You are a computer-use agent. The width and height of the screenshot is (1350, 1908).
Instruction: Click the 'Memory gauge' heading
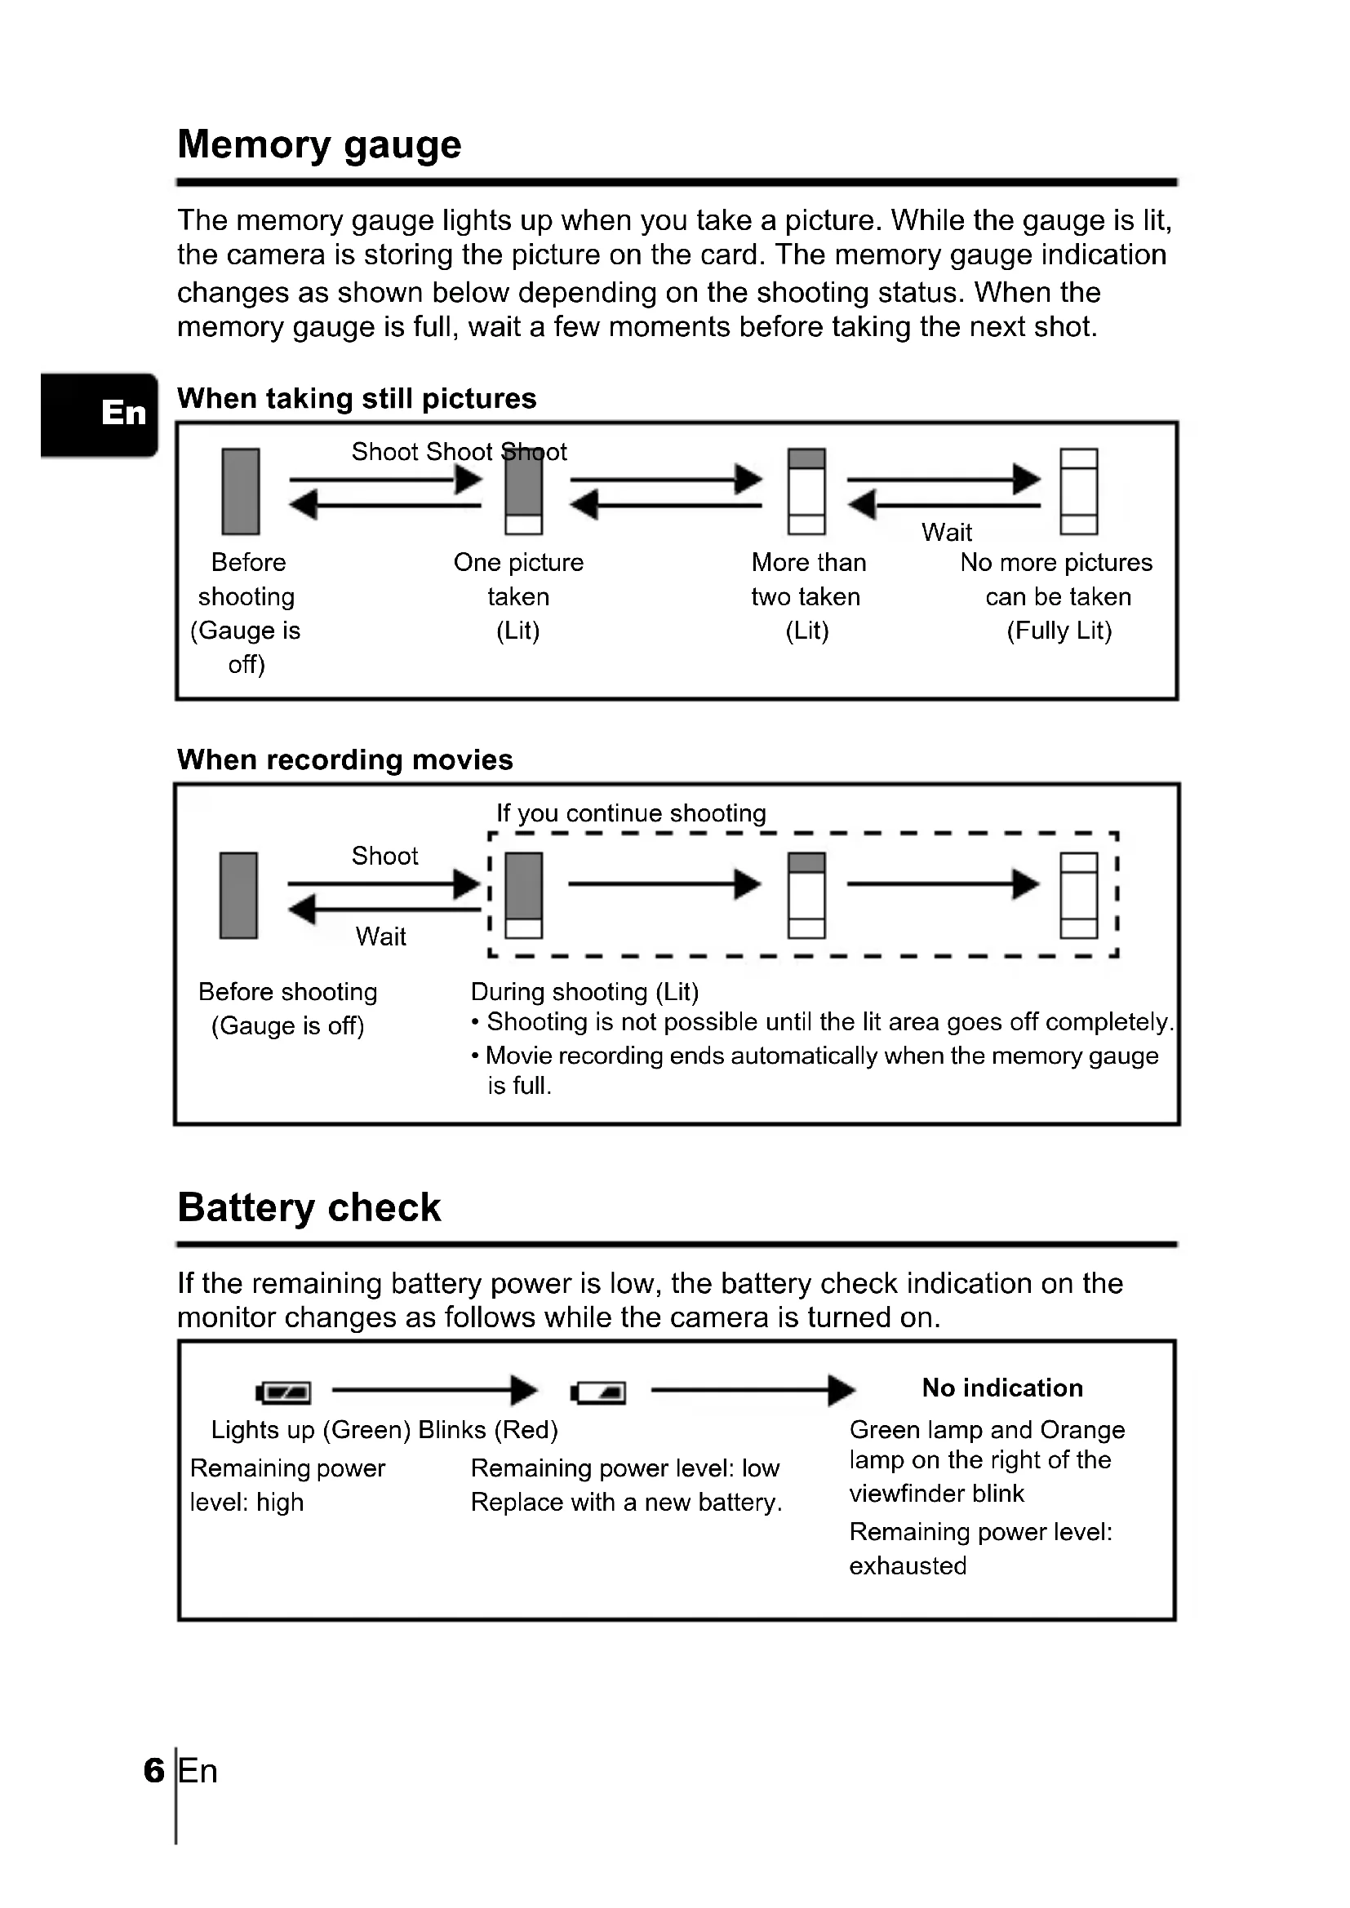(x=319, y=144)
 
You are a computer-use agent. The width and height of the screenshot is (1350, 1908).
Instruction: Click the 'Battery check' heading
(x=309, y=1207)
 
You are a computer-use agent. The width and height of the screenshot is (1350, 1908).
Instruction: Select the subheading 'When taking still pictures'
(x=357, y=399)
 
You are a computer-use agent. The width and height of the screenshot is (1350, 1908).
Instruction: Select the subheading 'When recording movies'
(x=345, y=759)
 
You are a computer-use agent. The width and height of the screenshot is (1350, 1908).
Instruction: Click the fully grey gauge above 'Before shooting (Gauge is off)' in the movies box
(x=238, y=895)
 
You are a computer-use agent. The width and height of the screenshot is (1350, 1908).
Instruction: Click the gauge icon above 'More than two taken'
(x=806, y=491)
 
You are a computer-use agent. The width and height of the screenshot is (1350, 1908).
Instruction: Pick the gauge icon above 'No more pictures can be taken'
(x=1078, y=491)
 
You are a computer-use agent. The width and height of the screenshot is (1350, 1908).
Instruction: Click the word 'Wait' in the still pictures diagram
(x=946, y=532)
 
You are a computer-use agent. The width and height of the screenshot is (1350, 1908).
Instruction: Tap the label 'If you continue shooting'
(x=631, y=812)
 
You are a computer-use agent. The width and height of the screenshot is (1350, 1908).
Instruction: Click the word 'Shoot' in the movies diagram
(x=385, y=856)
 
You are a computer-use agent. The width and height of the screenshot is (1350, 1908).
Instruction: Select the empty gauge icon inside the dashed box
(x=1078, y=895)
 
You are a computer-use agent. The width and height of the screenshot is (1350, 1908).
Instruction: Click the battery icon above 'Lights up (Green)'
(x=283, y=1392)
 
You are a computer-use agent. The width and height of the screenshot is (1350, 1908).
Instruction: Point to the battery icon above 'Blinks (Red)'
(x=598, y=1392)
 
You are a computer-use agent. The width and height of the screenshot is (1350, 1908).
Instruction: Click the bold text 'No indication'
(x=1001, y=1388)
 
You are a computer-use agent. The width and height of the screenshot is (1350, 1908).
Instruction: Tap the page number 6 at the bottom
(x=153, y=1771)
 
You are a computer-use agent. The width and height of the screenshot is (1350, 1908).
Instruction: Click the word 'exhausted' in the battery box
(x=908, y=1565)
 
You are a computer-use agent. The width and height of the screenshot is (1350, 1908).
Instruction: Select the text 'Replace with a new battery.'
(x=626, y=1503)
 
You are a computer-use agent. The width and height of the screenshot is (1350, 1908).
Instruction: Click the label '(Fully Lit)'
(x=1059, y=631)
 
